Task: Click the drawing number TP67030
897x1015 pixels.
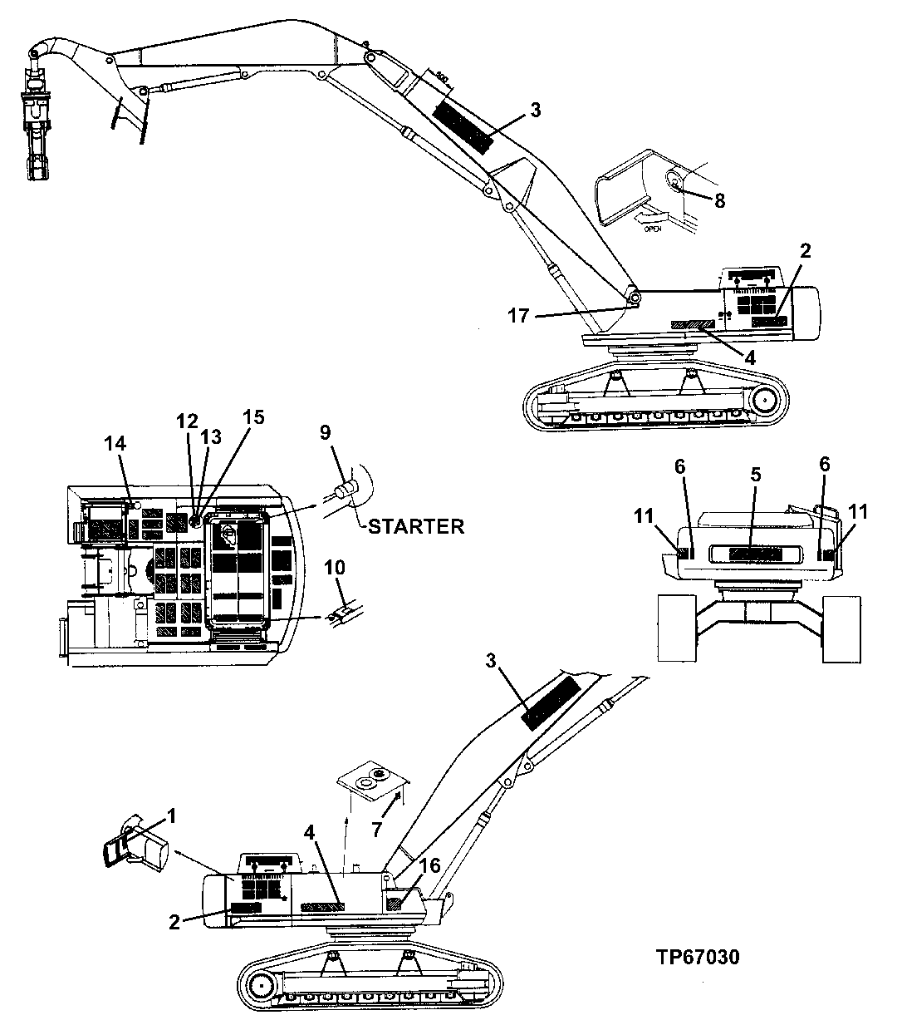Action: click(696, 957)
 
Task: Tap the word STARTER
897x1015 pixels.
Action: click(415, 526)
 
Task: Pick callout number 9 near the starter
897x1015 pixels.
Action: click(325, 431)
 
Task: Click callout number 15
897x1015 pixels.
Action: click(253, 416)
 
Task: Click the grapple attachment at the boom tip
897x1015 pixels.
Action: click(37, 116)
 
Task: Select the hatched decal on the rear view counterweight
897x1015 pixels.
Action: click(754, 554)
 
